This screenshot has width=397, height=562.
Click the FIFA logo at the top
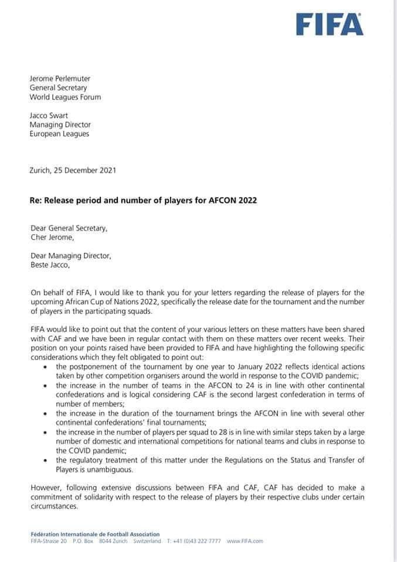(330, 24)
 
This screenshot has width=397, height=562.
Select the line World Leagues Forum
(65, 97)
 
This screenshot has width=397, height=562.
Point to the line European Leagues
(60, 135)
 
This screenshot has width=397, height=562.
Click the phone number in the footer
(194, 542)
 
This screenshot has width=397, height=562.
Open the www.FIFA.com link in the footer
(245, 542)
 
